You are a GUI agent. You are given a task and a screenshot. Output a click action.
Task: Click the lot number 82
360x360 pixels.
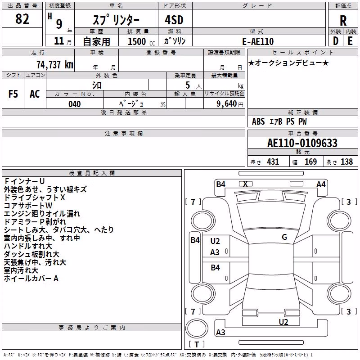tap(22, 18)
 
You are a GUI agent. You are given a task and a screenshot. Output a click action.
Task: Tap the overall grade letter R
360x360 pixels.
tap(343, 21)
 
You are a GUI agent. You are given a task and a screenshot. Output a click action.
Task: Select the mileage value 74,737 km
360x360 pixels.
tap(55, 64)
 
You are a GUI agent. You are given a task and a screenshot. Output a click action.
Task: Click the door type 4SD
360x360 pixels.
tap(174, 20)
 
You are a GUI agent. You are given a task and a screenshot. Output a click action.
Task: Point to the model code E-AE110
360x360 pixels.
tap(258, 41)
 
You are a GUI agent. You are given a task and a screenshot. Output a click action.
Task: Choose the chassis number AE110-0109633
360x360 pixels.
tap(302, 143)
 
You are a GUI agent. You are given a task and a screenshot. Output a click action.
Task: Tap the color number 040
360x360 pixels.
tap(75, 104)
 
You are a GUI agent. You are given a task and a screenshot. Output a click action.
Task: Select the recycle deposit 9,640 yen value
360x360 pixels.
tap(230, 104)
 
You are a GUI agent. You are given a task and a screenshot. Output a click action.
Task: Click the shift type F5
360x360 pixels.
tap(13, 94)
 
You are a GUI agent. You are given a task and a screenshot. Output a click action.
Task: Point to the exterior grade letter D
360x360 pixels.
tap(336, 41)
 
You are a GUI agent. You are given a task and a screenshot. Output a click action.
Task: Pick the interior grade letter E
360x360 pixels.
tap(350, 41)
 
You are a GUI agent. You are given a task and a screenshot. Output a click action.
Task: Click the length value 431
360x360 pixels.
tap(273, 162)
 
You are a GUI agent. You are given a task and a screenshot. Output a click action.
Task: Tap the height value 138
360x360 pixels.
tap(346, 162)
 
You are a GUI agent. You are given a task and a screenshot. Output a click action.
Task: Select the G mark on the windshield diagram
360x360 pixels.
tap(284, 237)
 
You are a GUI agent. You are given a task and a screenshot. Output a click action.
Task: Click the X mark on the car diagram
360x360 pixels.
tap(245, 184)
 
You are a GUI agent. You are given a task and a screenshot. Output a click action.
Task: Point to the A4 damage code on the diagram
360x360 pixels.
tap(321, 184)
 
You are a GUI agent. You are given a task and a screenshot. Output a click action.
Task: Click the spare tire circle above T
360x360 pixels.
tap(197, 328)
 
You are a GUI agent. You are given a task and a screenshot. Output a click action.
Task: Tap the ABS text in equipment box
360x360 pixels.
tap(258, 121)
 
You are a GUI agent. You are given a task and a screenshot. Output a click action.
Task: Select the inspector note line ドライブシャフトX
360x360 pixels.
tap(35, 198)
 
